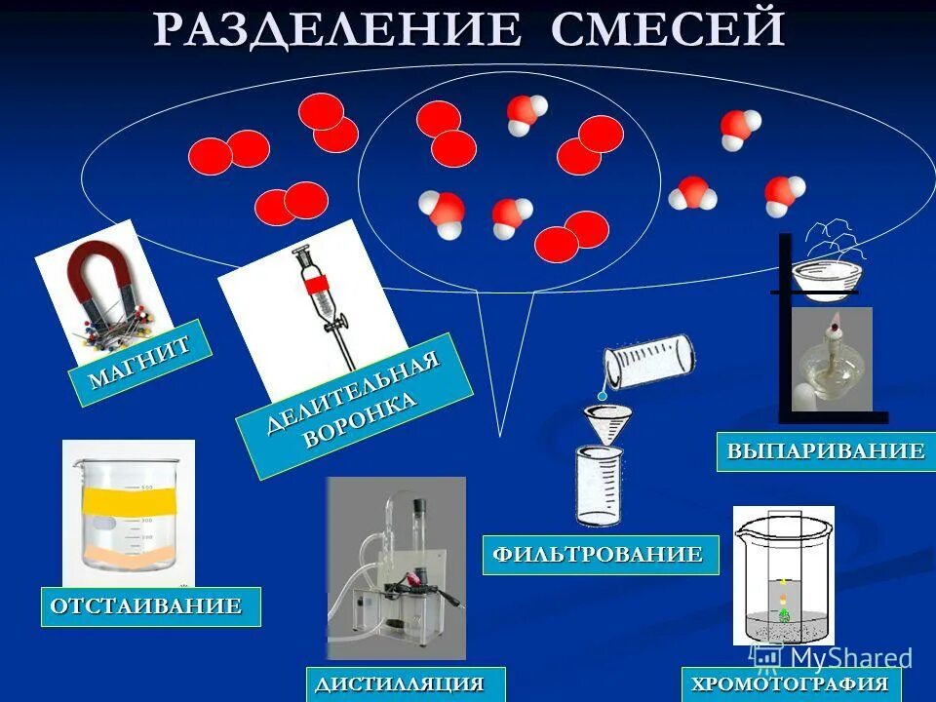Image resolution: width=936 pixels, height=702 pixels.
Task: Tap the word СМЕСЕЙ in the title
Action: [668, 29]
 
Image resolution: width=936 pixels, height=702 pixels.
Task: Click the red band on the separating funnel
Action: [314, 286]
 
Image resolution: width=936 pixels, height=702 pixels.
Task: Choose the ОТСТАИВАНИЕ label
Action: [150, 605]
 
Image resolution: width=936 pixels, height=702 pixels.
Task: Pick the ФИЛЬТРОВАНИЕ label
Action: [600, 555]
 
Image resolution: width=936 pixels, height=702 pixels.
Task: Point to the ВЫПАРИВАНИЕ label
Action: [825, 451]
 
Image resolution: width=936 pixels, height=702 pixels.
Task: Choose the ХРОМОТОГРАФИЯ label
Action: [790, 683]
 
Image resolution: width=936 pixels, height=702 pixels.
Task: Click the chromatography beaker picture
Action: [783, 575]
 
